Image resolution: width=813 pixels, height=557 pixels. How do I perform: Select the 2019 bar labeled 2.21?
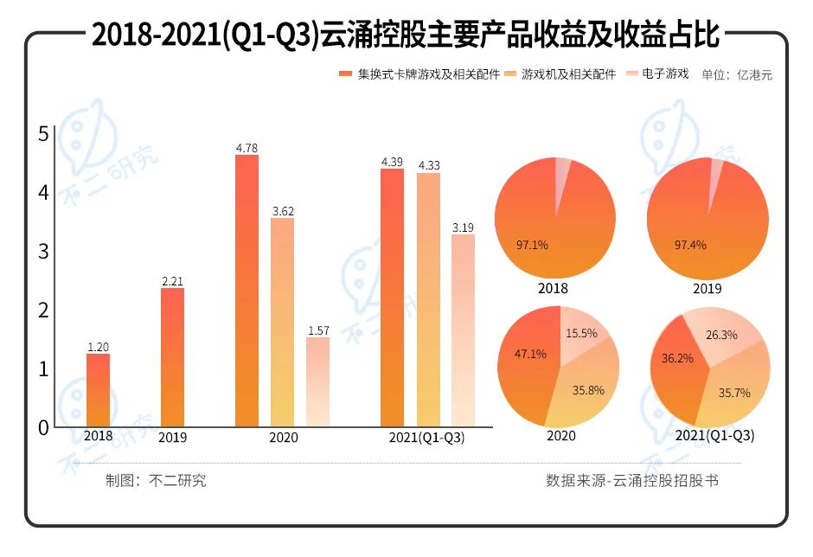(x=172, y=357)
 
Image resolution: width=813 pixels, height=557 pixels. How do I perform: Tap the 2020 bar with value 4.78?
(x=246, y=291)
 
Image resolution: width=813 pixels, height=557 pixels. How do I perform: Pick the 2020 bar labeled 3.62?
(x=282, y=322)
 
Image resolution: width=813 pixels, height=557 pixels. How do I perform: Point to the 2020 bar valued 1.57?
(x=317, y=381)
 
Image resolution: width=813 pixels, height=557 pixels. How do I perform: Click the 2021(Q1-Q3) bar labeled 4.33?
(x=428, y=299)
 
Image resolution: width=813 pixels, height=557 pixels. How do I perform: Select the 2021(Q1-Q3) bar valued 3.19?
(x=463, y=330)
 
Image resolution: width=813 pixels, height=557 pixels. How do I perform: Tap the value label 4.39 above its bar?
(x=392, y=162)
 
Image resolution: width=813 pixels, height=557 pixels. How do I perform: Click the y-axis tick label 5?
(x=43, y=134)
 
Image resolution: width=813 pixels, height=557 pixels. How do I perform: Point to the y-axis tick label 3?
(x=43, y=251)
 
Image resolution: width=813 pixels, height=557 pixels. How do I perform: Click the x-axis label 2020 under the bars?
(x=283, y=438)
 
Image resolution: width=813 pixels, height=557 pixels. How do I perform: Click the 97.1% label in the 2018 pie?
(x=532, y=245)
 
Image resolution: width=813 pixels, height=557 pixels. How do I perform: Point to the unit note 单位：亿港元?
(x=737, y=75)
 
